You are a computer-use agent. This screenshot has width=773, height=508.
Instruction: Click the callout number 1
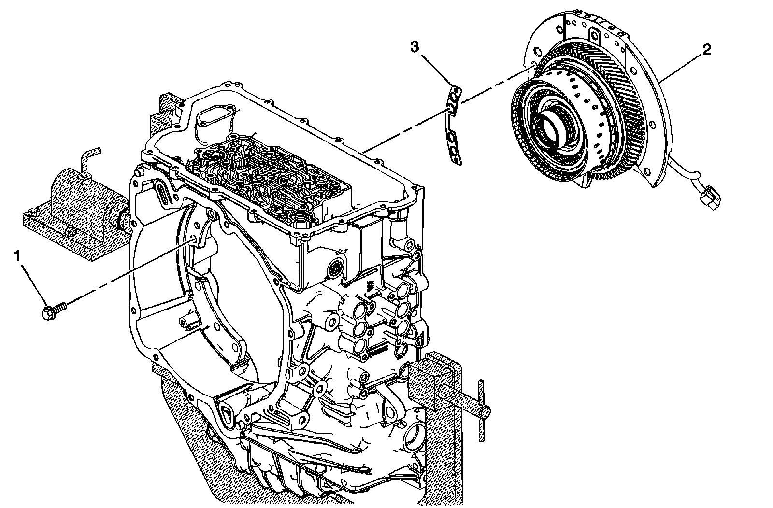click(18, 256)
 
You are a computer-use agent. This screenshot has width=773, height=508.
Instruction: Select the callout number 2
click(706, 50)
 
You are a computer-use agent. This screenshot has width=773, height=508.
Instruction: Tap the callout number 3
click(415, 47)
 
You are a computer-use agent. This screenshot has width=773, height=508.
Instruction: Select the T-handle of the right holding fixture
click(481, 410)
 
